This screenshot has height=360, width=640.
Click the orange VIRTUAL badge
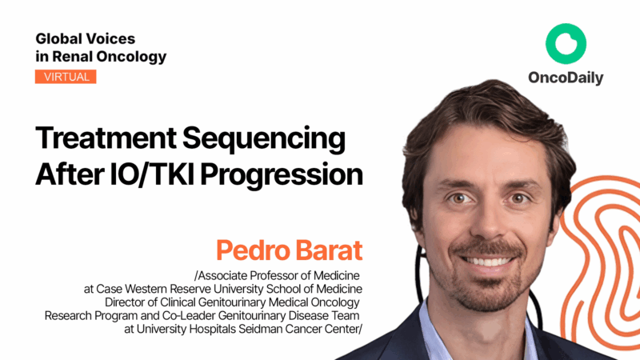(x=66, y=77)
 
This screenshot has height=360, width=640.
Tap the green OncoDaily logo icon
(x=566, y=44)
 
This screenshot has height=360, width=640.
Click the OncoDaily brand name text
(x=566, y=78)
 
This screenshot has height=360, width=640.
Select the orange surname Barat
(x=331, y=250)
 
